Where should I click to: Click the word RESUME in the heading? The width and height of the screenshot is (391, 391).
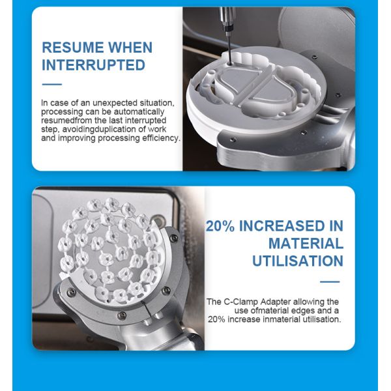pyautogui.click(x=73, y=48)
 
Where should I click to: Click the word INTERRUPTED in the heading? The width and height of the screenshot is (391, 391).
pyautogui.click(x=93, y=65)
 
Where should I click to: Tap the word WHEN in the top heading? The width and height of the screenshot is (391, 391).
pyautogui.click(x=130, y=48)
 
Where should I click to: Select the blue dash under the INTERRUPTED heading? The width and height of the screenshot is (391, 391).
pyautogui.click(x=52, y=84)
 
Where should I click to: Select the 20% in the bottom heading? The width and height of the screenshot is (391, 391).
pyautogui.click(x=220, y=226)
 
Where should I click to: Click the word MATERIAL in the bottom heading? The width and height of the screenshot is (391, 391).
pyautogui.click(x=306, y=243)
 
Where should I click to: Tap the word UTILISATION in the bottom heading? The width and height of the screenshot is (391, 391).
pyautogui.click(x=298, y=261)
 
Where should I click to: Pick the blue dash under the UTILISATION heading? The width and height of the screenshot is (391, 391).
pyautogui.click(x=330, y=282)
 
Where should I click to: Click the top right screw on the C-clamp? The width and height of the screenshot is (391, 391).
pyautogui.click(x=173, y=238)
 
